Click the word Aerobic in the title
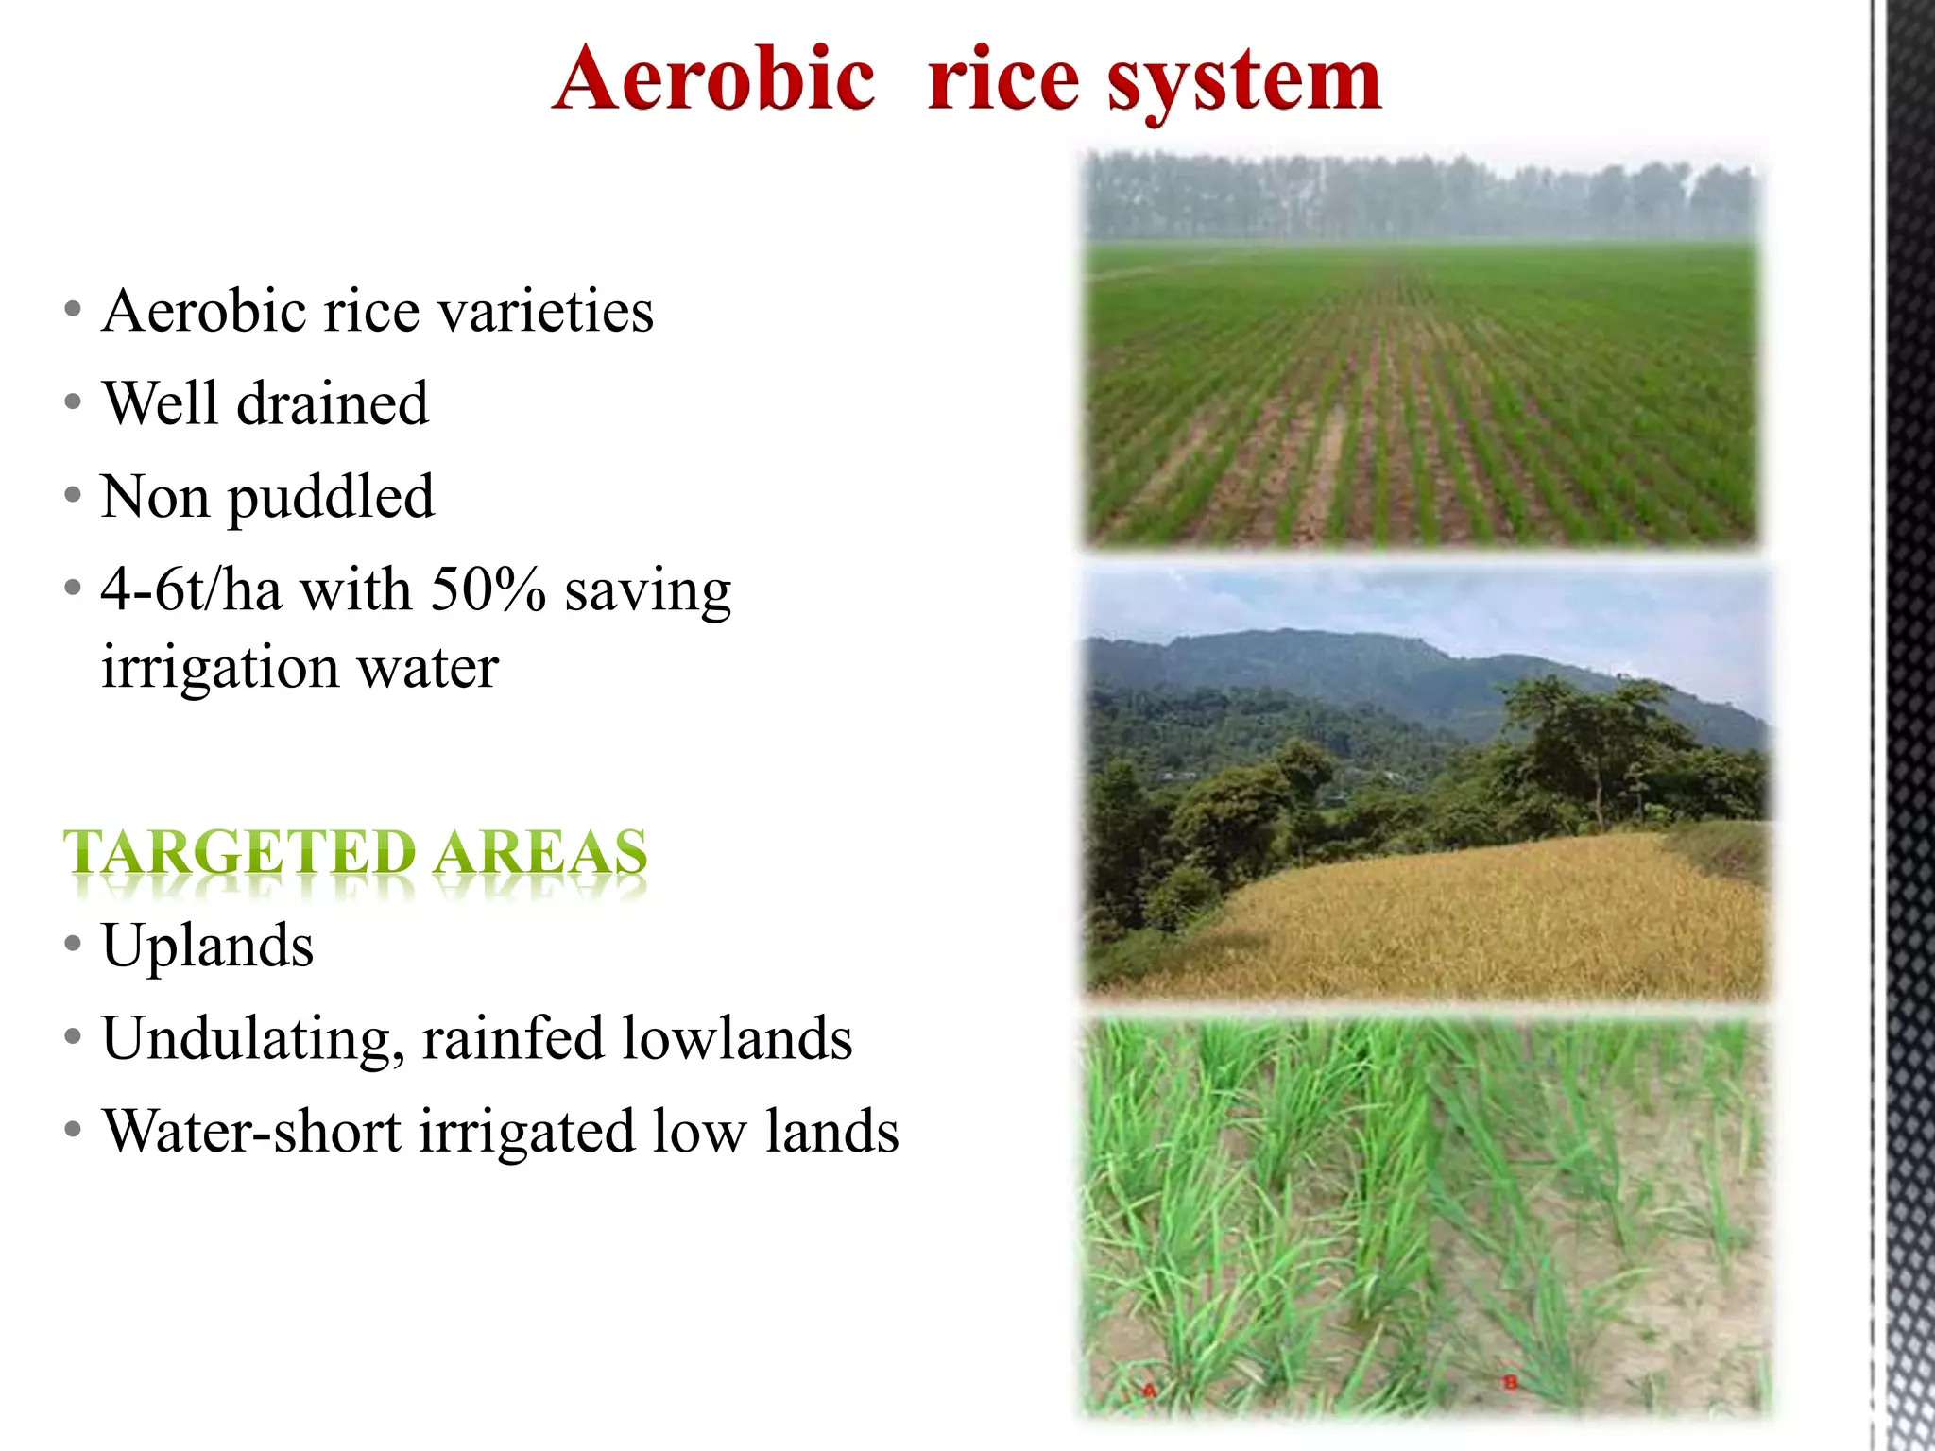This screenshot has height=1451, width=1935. tap(714, 79)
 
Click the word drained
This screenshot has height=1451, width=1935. tap(333, 403)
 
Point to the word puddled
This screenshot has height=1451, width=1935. tap(332, 498)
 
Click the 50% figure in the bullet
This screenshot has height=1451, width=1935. tap(488, 590)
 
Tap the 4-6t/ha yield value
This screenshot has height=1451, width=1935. tap(192, 590)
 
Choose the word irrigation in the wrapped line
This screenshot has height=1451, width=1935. tap(220, 667)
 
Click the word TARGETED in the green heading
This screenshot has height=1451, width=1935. tap(239, 852)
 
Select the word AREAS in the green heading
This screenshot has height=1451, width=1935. tap(540, 852)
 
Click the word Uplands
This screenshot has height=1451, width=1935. tap(208, 946)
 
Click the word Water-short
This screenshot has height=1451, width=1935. tap(251, 1131)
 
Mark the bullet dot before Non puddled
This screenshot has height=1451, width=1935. tap(73, 495)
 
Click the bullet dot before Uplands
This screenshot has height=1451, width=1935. tap(73, 944)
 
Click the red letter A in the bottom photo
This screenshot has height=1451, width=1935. tap(1149, 1390)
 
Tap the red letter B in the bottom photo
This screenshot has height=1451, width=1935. tap(1510, 1382)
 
